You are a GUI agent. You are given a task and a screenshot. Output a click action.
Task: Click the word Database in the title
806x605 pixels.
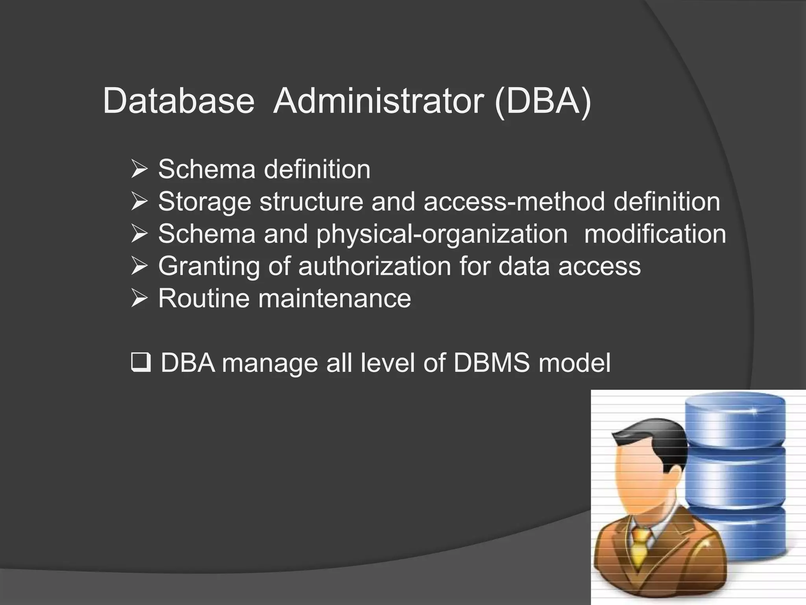178,101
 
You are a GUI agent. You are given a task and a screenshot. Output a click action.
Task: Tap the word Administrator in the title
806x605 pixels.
378,101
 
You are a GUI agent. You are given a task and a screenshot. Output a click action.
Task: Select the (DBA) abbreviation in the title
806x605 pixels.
543,101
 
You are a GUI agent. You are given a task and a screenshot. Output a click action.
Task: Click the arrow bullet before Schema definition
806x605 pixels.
139,169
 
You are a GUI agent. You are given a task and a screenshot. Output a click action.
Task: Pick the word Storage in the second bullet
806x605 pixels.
204,202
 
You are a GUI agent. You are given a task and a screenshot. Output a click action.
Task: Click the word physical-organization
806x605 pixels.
442,234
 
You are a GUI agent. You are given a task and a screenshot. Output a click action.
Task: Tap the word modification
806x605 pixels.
655,234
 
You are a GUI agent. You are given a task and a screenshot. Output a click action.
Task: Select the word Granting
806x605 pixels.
209,267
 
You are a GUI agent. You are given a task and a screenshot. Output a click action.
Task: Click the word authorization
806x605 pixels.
374,266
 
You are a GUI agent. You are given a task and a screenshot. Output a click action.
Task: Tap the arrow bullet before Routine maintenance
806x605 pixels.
139,298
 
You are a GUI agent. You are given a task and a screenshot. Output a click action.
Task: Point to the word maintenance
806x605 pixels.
335,298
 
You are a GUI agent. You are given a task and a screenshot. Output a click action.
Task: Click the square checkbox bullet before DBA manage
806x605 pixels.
140,363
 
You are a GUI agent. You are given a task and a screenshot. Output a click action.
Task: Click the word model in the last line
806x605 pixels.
575,363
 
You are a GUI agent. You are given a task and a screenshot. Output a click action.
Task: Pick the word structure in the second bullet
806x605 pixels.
311,202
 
